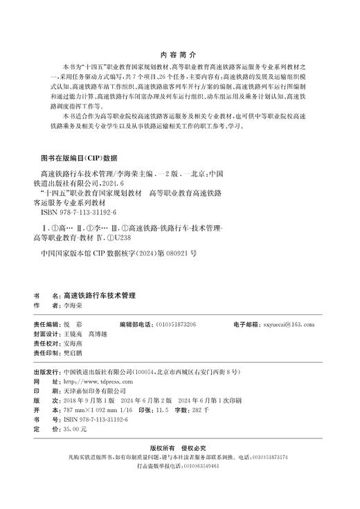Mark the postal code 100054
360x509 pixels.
click(145, 372)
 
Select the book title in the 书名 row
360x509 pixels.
click(100, 294)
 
